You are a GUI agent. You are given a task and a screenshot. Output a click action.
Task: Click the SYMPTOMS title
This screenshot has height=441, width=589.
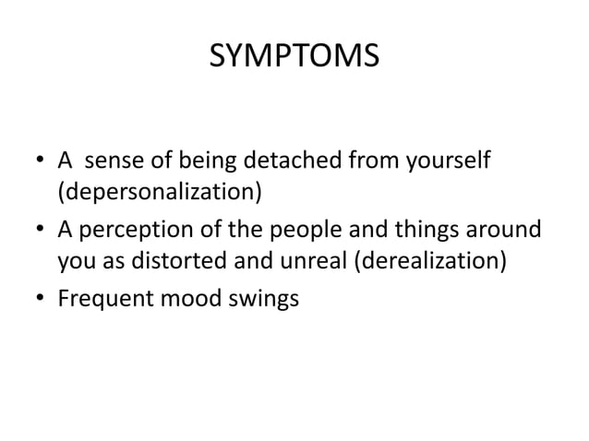tap(294, 57)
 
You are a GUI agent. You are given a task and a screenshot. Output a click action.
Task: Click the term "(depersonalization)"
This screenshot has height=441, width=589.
tap(160, 195)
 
